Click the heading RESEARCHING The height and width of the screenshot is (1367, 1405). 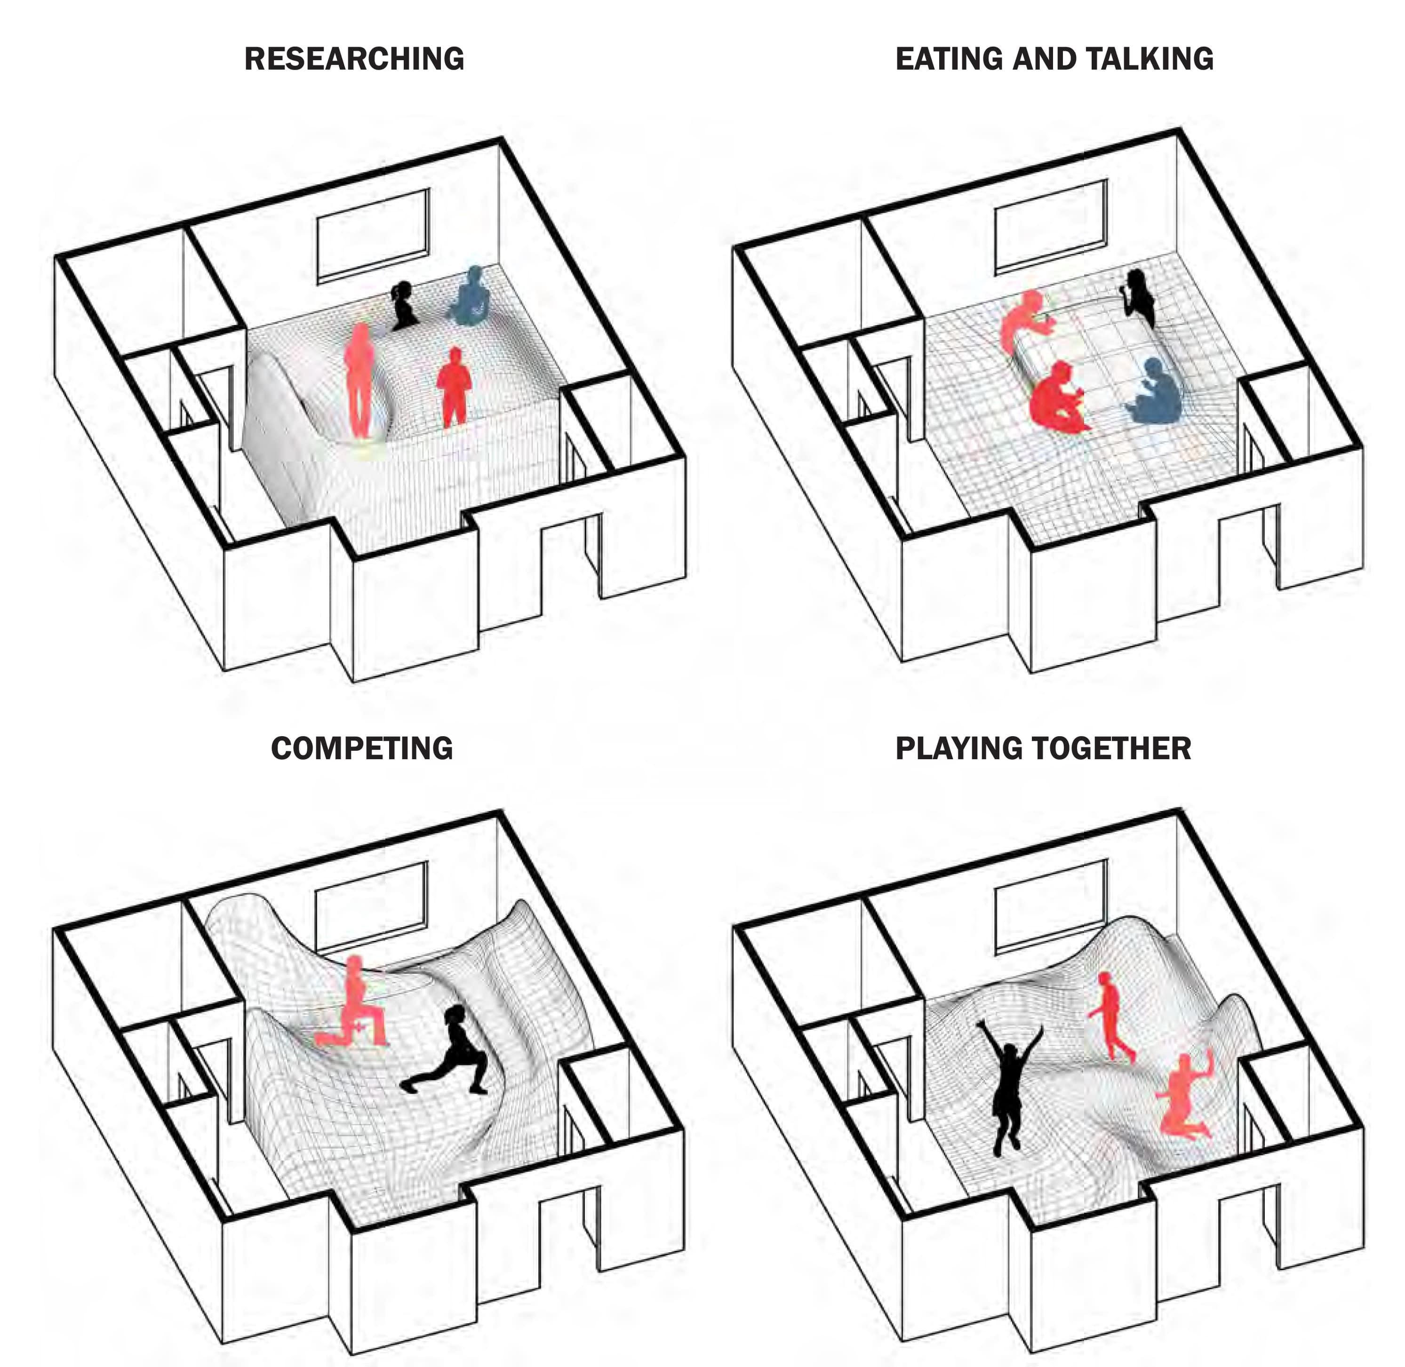[354, 59]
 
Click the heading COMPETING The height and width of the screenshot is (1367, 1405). [361, 748]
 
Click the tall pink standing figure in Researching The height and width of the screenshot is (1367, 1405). [359, 381]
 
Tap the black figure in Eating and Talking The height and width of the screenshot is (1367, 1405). [1139, 298]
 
